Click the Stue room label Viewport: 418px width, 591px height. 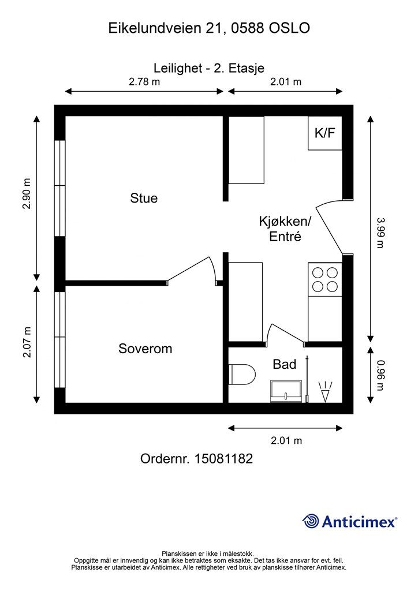tap(144, 198)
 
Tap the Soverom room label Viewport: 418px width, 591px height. tap(145, 348)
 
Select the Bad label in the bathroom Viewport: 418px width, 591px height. tap(284, 364)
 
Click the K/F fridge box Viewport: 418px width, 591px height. tap(325, 133)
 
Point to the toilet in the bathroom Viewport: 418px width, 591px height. tap(242, 374)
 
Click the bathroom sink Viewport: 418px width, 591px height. tap(286, 391)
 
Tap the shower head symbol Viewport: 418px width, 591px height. tap(325, 392)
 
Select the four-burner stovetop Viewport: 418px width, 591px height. tap(325, 279)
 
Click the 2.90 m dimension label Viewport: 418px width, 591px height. tap(27, 194)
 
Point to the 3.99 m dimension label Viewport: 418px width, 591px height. tap(380, 232)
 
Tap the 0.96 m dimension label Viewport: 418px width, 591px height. tap(380, 375)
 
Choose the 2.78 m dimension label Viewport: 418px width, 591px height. tap(144, 81)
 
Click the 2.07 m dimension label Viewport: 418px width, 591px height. tap(27, 342)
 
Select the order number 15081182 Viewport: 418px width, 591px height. tap(223, 459)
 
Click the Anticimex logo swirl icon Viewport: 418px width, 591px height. tap(311, 521)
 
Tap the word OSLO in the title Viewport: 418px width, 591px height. tap(289, 28)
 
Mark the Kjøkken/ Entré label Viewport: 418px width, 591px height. tap(285, 229)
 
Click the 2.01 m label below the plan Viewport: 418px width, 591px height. tap(286, 440)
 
